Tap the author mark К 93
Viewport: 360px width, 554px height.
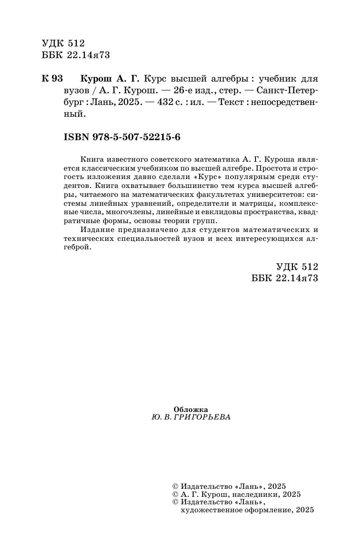click(52, 78)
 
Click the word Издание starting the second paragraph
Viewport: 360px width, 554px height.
click(96, 230)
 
